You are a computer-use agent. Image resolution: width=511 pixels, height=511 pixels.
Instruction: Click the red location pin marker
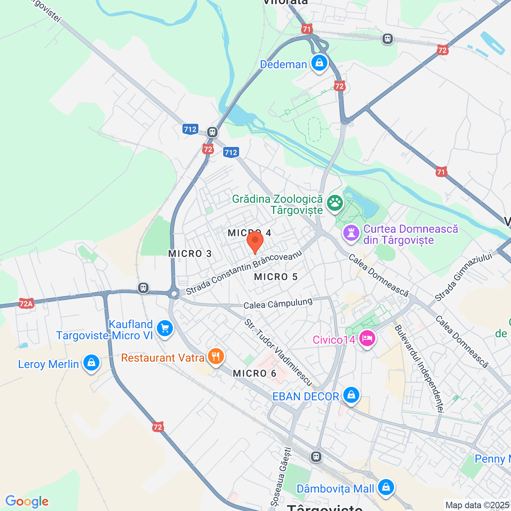point(255,242)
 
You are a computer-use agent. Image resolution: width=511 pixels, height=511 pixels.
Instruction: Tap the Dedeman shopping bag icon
point(319,63)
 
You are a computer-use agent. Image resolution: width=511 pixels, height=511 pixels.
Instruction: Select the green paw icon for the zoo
point(335,203)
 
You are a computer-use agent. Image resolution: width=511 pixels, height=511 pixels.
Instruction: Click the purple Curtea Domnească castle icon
point(351,233)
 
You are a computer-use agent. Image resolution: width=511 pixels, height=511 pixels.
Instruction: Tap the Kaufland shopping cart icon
point(164,329)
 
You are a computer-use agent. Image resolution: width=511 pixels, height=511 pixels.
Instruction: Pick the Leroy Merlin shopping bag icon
point(91,363)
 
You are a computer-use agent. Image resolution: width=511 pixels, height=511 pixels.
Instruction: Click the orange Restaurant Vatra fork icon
point(216,356)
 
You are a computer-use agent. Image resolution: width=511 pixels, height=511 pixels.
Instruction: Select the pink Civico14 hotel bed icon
point(366,339)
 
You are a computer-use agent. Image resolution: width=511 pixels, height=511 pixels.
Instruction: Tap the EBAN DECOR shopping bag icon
point(351,395)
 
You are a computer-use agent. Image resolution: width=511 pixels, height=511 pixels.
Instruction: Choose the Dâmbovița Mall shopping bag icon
point(386,487)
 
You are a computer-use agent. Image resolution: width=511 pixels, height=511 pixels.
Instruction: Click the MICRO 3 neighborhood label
point(190,254)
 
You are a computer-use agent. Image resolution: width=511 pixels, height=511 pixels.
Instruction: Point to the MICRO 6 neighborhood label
point(255,373)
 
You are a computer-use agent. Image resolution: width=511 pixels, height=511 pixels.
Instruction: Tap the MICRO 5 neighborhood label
point(276,277)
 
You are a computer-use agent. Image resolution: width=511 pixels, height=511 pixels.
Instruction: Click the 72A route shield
point(26,304)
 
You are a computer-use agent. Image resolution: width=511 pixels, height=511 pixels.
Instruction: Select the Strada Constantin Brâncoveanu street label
point(244,273)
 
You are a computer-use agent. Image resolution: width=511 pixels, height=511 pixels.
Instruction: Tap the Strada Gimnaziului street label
point(463,277)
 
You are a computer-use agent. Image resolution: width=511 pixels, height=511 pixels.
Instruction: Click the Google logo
point(27,501)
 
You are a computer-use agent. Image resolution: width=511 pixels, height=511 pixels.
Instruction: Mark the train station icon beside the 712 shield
point(212,132)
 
